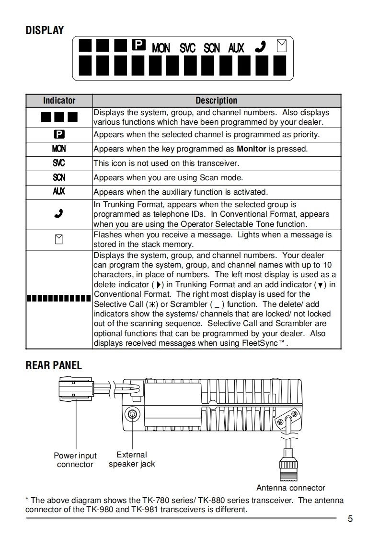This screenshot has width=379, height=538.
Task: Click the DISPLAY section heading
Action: point(45,31)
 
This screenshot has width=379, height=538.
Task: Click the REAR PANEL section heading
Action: point(54,365)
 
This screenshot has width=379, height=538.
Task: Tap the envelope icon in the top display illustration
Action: point(282,46)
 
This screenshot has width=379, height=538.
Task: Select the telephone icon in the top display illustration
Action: point(260,47)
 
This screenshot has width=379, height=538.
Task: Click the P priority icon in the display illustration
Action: point(138,46)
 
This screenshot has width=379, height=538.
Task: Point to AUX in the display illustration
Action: point(236,48)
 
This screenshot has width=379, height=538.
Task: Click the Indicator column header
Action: point(59,101)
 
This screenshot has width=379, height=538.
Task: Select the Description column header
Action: point(216,101)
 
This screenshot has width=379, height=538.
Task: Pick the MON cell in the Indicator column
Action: point(59,149)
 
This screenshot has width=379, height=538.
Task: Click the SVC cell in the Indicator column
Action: point(59,163)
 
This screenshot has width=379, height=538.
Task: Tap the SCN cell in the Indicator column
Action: point(59,177)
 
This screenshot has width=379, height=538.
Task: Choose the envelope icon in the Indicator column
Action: point(59,239)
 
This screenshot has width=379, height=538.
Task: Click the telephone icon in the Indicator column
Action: point(59,214)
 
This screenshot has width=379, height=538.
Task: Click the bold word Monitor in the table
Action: point(251,149)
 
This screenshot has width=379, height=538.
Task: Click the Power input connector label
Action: point(75,460)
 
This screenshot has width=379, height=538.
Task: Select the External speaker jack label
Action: point(132,459)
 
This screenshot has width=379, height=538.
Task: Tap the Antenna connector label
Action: point(290,488)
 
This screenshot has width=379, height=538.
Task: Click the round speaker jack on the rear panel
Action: point(132,414)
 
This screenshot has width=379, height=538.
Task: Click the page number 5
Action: point(350,519)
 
